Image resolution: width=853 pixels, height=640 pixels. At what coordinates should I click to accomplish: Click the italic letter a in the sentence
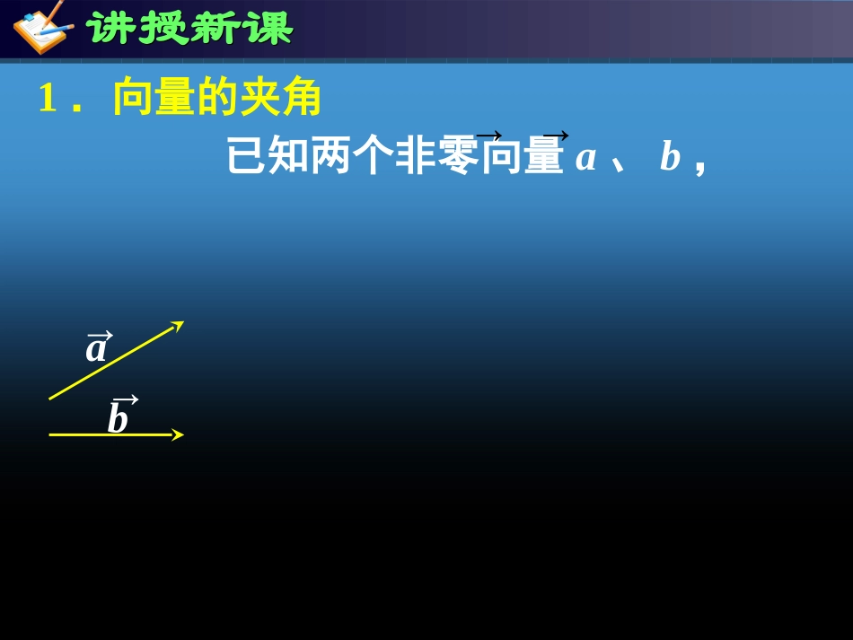click(585, 158)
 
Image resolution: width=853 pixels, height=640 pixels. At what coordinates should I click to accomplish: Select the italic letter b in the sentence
click(670, 158)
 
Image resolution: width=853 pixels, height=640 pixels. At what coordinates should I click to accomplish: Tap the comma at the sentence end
click(698, 167)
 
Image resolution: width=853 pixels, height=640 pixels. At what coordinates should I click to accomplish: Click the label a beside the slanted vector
click(97, 347)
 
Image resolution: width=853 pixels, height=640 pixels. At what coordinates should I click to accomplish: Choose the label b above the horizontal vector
click(119, 417)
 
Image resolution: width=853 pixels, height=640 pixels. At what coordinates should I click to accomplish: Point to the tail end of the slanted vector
click(50, 398)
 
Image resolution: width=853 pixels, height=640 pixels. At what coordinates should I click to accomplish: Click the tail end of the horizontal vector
click(50, 434)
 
